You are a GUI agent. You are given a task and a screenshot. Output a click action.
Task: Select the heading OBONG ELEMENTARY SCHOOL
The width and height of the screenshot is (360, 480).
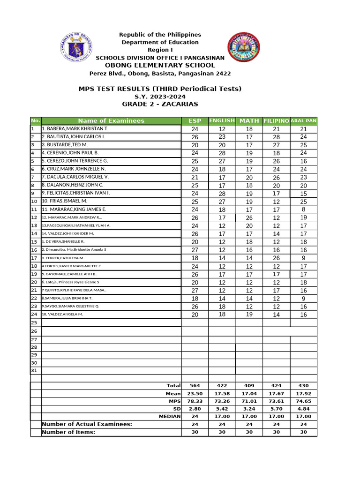coord(160,66)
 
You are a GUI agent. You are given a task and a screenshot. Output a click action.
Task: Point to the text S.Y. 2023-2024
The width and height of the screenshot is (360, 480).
coord(160,97)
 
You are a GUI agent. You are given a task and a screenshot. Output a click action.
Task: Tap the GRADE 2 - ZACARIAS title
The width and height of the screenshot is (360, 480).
coord(160,104)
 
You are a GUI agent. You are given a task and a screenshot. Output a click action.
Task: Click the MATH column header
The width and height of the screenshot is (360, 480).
coord(249,121)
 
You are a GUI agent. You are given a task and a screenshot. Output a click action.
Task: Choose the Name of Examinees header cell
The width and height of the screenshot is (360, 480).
coord(111,121)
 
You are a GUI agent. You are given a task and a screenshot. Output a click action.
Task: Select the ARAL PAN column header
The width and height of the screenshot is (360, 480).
coord(304,121)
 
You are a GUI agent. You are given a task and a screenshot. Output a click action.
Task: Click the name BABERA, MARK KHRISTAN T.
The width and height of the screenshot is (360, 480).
coord(75,129)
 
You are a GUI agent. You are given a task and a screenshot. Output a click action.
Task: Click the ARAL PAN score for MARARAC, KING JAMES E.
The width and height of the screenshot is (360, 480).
coord(304,210)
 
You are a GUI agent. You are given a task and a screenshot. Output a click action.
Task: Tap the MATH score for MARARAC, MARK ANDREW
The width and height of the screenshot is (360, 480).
coord(249,217)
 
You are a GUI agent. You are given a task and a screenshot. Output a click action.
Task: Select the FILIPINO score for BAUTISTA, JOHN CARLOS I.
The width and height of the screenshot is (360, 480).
coord(277,137)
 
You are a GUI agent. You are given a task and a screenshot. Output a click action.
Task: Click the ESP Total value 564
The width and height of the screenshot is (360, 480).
coord(195,386)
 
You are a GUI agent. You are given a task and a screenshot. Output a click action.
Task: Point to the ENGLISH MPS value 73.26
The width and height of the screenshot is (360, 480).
coord(222,402)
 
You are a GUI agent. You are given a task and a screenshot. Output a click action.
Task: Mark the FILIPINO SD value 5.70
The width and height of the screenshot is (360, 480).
coord(277,409)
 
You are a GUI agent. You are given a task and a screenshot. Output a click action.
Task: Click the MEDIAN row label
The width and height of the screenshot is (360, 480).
coord(170,417)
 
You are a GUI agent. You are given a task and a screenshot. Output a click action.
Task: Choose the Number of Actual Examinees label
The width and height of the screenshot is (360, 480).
coord(87,424)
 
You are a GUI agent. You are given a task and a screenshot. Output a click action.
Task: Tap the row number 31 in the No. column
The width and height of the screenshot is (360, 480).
coord(34,371)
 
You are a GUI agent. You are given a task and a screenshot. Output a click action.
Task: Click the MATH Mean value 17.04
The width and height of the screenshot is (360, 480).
coord(249,394)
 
